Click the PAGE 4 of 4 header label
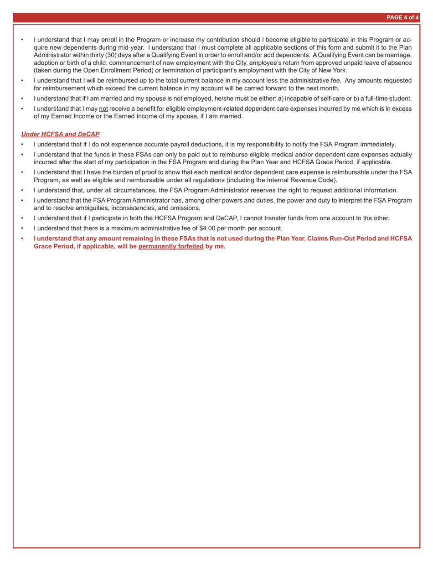point(402,18)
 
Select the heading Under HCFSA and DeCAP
point(60,134)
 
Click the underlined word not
point(103,109)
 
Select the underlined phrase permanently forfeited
point(171,247)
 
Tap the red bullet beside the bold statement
point(22,239)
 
